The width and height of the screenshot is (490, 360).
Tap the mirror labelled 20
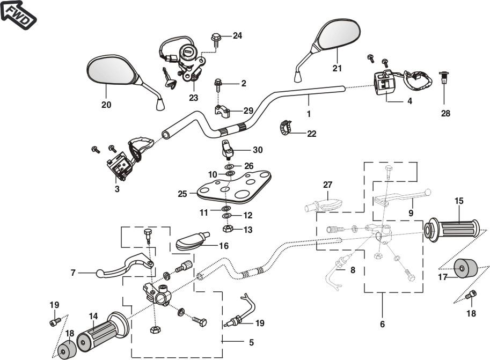pyautogui.click(x=110, y=70)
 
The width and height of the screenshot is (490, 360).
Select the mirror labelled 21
pyautogui.click(x=338, y=34)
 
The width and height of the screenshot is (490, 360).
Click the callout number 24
pyautogui.click(x=237, y=36)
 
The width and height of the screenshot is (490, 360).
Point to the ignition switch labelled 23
pyautogui.click(x=189, y=59)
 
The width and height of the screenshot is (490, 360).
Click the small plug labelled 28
pyautogui.click(x=444, y=79)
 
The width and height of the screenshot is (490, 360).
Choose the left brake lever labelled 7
pyautogui.click(x=123, y=268)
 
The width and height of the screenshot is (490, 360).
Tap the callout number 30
pyautogui.click(x=258, y=150)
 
